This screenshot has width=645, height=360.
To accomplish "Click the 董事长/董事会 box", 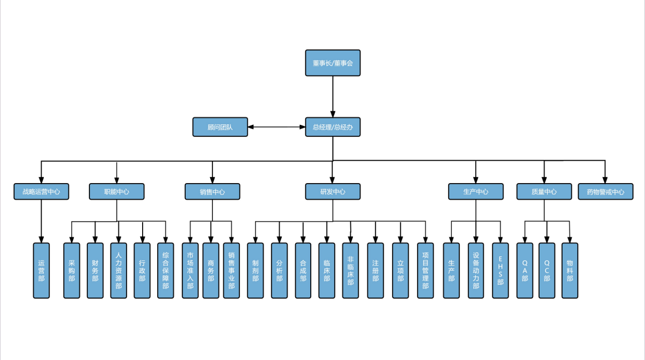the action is [x=333, y=63].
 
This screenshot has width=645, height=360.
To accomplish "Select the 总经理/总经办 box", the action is [x=333, y=127].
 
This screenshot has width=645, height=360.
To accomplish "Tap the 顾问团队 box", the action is [x=220, y=127].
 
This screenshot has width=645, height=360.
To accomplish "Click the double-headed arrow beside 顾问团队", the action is [x=276, y=127].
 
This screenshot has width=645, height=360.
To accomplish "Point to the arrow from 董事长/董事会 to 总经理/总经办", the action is [x=333, y=97].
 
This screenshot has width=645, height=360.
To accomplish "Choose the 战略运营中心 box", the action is [x=41, y=191].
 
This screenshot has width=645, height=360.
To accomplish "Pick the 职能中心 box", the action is [x=117, y=191].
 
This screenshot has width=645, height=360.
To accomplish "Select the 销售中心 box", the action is [x=212, y=191].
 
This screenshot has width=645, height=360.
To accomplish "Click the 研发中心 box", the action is [x=333, y=191].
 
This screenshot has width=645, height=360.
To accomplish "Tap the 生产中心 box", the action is [x=476, y=191].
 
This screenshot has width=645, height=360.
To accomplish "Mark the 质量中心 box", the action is [x=544, y=191].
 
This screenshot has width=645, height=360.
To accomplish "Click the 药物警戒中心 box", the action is [x=605, y=191].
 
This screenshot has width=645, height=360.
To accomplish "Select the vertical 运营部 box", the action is [x=41, y=271].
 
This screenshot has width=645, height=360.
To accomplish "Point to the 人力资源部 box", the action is [x=118, y=271].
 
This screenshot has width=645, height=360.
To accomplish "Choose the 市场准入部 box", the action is [x=190, y=271].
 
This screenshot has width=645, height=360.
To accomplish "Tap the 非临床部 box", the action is [x=350, y=271].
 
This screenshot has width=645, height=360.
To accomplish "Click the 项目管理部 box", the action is [x=425, y=271].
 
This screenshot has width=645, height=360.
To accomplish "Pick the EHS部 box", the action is [x=500, y=271].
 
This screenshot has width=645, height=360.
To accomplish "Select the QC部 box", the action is [x=547, y=271].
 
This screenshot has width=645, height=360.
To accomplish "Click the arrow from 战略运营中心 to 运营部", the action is [x=41, y=221].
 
